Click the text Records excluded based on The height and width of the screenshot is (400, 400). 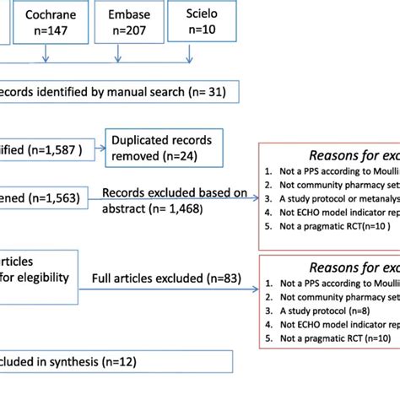[x=175, y=193]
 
